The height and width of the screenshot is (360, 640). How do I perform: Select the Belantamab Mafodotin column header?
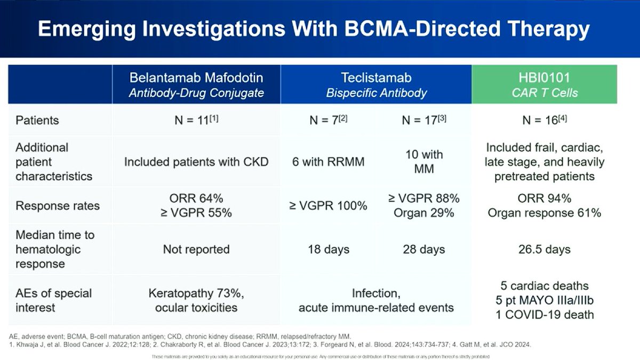(x=196, y=84)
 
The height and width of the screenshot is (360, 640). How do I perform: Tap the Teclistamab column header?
(x=377, y=84)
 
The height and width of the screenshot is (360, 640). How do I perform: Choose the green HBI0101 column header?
(x=544, y=84)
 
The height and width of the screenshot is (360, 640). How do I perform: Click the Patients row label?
(x=37, y=120)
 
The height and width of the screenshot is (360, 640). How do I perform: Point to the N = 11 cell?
(x=196, y=119)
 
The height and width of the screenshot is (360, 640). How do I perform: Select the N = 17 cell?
(x=424, y=120)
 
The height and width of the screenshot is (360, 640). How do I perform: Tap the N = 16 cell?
(x=544, y=120)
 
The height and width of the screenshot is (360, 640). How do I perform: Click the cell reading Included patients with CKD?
(x=196, y=161)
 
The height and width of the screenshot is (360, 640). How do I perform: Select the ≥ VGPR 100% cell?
(x=329, y=205)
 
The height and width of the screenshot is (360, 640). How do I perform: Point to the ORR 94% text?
(x=544, y=198)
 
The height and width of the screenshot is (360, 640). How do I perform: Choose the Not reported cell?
(x=196, y=249)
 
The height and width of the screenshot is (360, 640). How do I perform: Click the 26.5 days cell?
(x=544, y=249)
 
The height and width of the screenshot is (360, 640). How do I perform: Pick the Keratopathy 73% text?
(x=196, y=293)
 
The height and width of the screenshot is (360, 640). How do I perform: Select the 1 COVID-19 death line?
(x=544, y=314)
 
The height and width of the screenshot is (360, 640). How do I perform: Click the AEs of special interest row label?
(x=53, y=300)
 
